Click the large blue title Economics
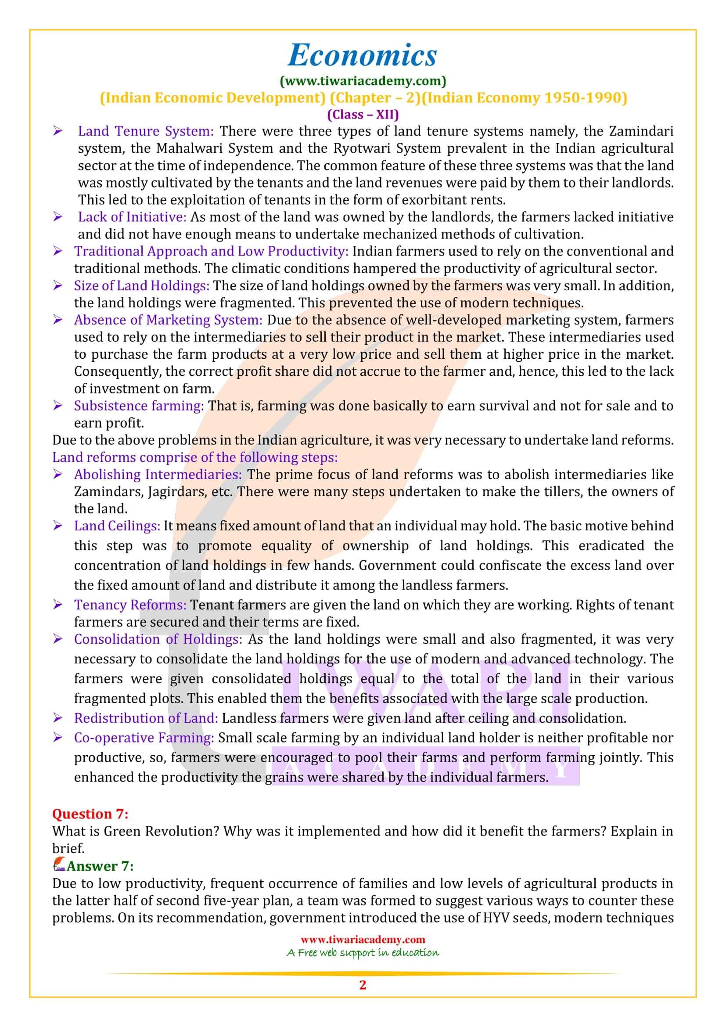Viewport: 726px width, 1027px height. click(x=362, y=55)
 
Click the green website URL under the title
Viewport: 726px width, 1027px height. click(x=363, y=81)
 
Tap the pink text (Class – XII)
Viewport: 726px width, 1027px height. click(x=363, y=115)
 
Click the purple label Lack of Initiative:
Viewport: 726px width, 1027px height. click(x=132, y=217)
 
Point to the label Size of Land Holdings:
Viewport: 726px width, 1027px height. click(x=142, y=285)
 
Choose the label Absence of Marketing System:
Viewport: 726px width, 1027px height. click(x=168, y=320)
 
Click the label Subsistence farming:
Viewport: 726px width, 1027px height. click(x=139, y=406)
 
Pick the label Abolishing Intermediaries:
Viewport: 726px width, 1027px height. click(x=158, y=474)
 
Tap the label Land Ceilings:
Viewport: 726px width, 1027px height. click(x=117, y=526)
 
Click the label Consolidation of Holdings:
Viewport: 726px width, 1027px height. click(x=158, y=639)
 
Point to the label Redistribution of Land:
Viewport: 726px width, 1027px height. click(x=146, y=718)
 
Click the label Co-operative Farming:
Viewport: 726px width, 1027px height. click(x=144, y=738)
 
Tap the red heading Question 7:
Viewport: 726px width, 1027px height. click(x=90, y=814)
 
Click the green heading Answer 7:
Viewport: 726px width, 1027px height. click(x=100, y=866)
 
